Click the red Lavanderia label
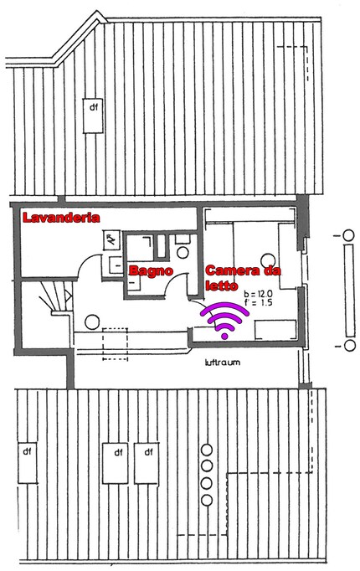pyautogui.click(x=61, y=218)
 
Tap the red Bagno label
pyautogui.click(x=151, y=271)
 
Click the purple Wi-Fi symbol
pyautogui.click(x=225, y=321)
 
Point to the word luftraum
pyautogui.click(x=222, y=365)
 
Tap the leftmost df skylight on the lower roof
pyautogui.click(x=28, y=462)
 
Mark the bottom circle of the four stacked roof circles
pyautogui.click(x=205, y=498)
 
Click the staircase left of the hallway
pyautogui.click(x=51, y=297)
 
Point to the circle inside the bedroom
pyautogui.click(x=269, y=260)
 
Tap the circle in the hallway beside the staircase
pyautogui.click(x=92, y=319)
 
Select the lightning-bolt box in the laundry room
pyautogui.click(x=111, y=240)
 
